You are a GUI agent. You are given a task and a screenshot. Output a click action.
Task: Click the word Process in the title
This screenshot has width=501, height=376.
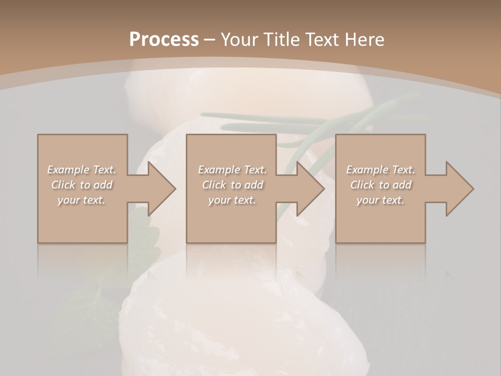(x=164, y=39)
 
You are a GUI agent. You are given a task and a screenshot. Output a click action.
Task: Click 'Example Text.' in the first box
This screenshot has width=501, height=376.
(x=82, y=170)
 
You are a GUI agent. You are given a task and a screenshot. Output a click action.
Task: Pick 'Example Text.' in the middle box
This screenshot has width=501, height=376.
(x=232, y=170)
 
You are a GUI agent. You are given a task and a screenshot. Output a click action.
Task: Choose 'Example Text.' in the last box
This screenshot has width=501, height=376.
(x=380, y=170)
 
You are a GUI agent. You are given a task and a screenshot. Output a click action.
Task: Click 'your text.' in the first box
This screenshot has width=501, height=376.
(x=82, y=200)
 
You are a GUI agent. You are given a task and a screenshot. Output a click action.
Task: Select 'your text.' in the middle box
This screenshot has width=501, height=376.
(x=232, y=200)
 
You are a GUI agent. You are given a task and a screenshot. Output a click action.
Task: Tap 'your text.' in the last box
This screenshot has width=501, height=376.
(x=380, y=200)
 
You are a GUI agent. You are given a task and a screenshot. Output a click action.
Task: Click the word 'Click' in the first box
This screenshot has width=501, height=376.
(x=63, y=185)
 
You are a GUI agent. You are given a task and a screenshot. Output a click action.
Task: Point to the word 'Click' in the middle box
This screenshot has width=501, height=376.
(x=214, y=185)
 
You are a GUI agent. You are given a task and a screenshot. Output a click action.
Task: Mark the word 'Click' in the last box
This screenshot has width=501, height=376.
(x=362, y=185)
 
